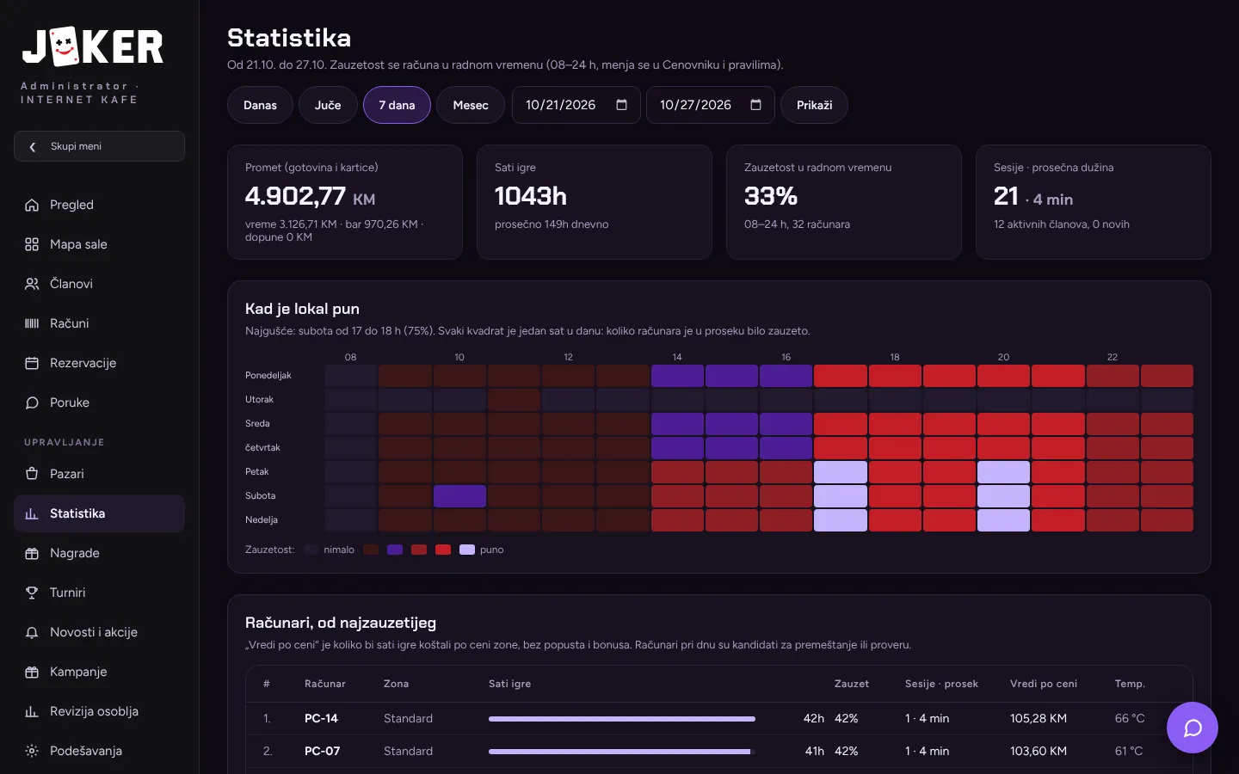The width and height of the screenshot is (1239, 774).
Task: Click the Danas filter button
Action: (x=260, y=105)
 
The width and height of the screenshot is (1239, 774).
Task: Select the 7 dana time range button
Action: (x=397, y=105)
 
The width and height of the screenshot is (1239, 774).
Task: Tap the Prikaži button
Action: (x=814, y=105)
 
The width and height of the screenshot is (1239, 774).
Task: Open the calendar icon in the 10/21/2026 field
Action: (x=622, y=105)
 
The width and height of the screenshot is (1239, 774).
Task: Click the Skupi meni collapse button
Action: (x=99, y=146)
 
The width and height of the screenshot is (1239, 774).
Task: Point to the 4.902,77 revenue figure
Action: (x=295, y=196)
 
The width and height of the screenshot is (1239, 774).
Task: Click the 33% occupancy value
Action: (x=771, y=196)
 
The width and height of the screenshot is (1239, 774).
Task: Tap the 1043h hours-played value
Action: (x=530, y=196)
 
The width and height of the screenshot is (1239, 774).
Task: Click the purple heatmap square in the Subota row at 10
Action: (x=459, y=496)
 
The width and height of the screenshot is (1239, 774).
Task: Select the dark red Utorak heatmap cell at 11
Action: (x=514, y=400)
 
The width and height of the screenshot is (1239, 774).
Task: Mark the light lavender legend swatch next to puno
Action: (x=467, y=550)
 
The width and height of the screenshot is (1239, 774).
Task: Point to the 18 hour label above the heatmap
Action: (x=895, y=357)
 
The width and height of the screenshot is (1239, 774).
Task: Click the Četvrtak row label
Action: (x=262, y=447)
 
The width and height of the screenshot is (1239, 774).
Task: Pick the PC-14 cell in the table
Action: (x=321, y=718)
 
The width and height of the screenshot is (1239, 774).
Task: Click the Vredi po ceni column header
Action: (x=1043, y=684)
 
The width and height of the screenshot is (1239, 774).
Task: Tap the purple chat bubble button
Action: (x=1192, y=728)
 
